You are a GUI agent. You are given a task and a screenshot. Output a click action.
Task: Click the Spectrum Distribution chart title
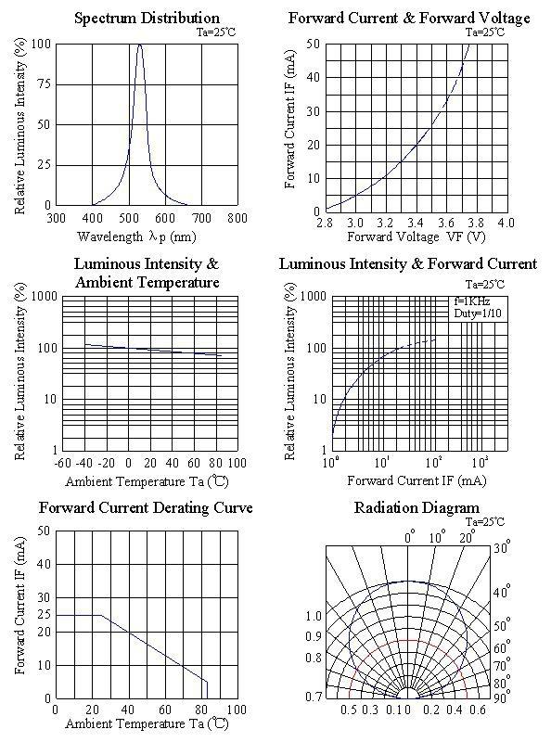(x=147, y=19)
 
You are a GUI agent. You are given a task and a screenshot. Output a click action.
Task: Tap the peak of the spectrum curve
(x=140, y=45)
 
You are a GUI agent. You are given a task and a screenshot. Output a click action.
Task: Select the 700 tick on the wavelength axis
(x=202, y=218)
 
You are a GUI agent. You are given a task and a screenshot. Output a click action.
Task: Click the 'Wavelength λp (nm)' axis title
(x=136, y=237)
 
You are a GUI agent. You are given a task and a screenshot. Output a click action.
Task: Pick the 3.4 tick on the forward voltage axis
(x=416, y=223)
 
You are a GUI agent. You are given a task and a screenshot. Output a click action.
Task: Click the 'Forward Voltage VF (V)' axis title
(x=416, y=237)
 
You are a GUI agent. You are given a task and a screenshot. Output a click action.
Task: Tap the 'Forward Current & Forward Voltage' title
(x=409, y=19)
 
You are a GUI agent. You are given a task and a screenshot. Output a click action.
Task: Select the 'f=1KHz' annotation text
(x=472, y=301)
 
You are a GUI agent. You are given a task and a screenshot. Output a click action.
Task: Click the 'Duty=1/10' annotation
(x=478, y=313)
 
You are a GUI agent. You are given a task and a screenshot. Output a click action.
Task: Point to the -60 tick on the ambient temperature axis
(x=62, y=462)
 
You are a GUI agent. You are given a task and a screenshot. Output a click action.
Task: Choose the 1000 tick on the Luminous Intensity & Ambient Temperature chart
(x=45, y=297)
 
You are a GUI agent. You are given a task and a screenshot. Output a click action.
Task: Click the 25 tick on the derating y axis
(x=44, y=615)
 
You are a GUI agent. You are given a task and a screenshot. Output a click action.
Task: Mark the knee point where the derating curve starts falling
(x=101, y=615)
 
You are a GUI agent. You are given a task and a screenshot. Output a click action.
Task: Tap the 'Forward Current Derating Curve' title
(x=146, y=507)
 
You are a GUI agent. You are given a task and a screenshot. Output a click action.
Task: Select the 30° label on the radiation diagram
(x=500, y=548)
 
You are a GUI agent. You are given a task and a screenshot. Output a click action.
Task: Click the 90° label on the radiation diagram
(x=501, y=697)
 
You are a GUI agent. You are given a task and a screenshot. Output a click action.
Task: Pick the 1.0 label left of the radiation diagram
(x=314, y=616)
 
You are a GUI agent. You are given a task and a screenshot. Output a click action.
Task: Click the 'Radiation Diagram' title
(x=416, y=507)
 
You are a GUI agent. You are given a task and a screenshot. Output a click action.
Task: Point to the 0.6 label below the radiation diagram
(x=478, y=710)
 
